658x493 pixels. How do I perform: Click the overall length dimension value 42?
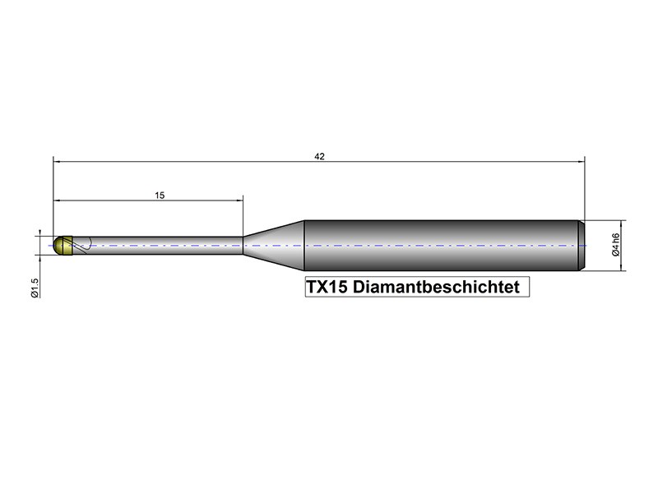click(x=319, y=156)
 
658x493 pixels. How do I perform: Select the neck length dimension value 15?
click(x=160, y=196)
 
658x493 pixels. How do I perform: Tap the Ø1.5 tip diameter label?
click(x=35, y=288)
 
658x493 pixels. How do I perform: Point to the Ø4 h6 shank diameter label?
click(x=615, y=244)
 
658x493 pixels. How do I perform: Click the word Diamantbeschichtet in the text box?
click(x=436, y=287)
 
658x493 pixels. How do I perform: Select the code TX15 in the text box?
click(x=327, y=287)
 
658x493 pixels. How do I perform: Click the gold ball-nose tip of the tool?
click(x=63, y=245)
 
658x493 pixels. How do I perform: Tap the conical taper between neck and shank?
click(x=273, y=245)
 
